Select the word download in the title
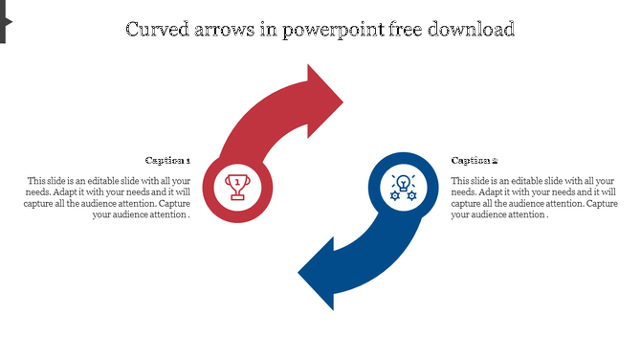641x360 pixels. [475, 30]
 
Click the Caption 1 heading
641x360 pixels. [167, 161]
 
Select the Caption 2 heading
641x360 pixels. [475, 161]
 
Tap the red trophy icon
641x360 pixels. [238, 186]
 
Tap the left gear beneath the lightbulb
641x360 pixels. [394, 194]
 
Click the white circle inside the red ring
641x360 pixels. [238, 202]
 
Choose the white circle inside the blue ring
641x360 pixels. [403, 202]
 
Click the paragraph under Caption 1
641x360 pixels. [108, 198]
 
